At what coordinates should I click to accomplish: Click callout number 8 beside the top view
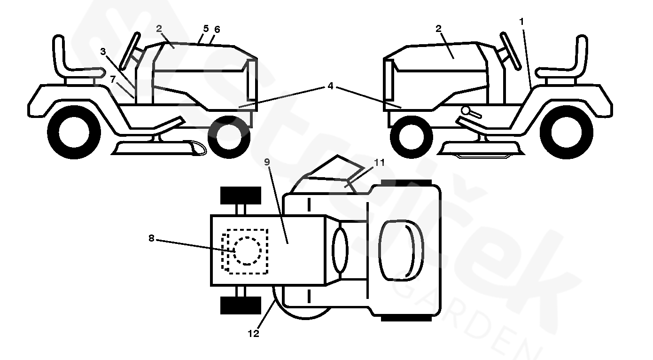pos(151,238)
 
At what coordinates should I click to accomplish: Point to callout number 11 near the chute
pos(380,163)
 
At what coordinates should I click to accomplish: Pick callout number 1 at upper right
pos(521,21)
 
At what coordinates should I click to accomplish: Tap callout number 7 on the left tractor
pos(113,79)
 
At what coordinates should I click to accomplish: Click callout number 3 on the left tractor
pos(103,51)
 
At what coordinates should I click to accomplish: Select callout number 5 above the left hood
pos(206,28)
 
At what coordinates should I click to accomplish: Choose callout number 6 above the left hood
pos(217,29)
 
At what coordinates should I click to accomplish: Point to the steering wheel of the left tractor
pos(129,50)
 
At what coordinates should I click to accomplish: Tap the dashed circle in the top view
pos(247,251)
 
